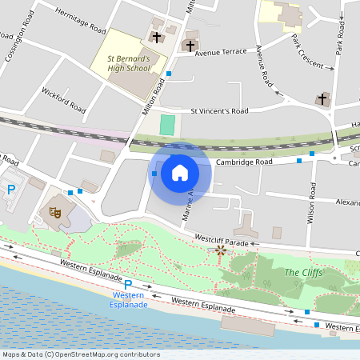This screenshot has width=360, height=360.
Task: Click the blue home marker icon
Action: [x=180, y=172]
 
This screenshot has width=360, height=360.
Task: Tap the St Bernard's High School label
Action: [x=129, y=64]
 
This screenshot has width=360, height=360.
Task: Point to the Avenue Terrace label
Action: [x=225, y=52]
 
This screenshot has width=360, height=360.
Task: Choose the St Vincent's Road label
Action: [x=219, y=111]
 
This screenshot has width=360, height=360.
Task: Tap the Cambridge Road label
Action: [x=245, y=162]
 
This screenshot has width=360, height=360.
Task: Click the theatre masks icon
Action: [x=55, y=212]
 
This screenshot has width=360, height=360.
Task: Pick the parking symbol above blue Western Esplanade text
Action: [x=127, y=285]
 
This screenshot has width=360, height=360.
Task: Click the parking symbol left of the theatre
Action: [x=11, y=190]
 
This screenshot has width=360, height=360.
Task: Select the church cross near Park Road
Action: [x=322, y=99]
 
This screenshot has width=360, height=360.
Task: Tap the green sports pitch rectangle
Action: [x=166, y=125]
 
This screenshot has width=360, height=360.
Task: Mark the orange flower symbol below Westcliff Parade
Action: [x=221, y=251]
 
